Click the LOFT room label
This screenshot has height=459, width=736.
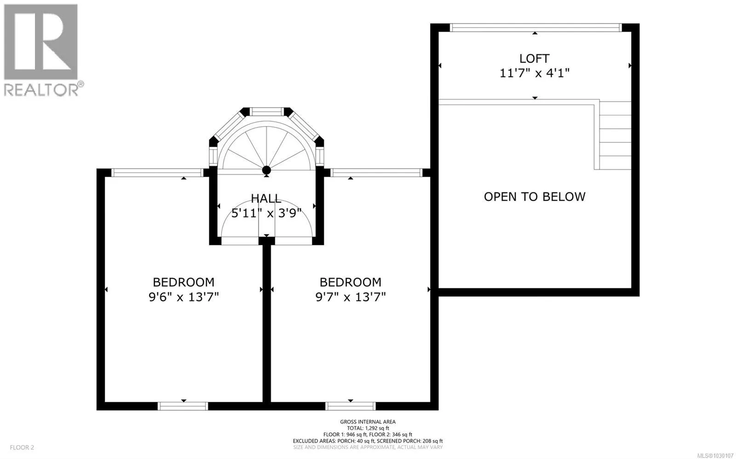534,58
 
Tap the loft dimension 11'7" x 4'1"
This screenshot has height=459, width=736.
534,73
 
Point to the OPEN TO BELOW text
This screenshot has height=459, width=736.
535,196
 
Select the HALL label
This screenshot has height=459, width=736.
266,198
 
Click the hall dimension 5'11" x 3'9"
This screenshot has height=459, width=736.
266,213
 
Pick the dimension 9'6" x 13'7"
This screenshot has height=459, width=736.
184,297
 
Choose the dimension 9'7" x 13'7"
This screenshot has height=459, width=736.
351,297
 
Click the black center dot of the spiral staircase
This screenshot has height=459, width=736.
266,170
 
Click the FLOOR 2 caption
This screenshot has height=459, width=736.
22,448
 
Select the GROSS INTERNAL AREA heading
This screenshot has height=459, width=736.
368,422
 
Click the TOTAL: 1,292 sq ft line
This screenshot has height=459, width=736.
368,428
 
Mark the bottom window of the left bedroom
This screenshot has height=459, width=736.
183,406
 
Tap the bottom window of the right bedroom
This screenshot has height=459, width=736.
351,406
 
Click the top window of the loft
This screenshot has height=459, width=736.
535,28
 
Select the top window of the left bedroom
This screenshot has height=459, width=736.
157,172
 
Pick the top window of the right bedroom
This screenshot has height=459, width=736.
376,172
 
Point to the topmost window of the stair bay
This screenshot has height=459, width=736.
266,112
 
